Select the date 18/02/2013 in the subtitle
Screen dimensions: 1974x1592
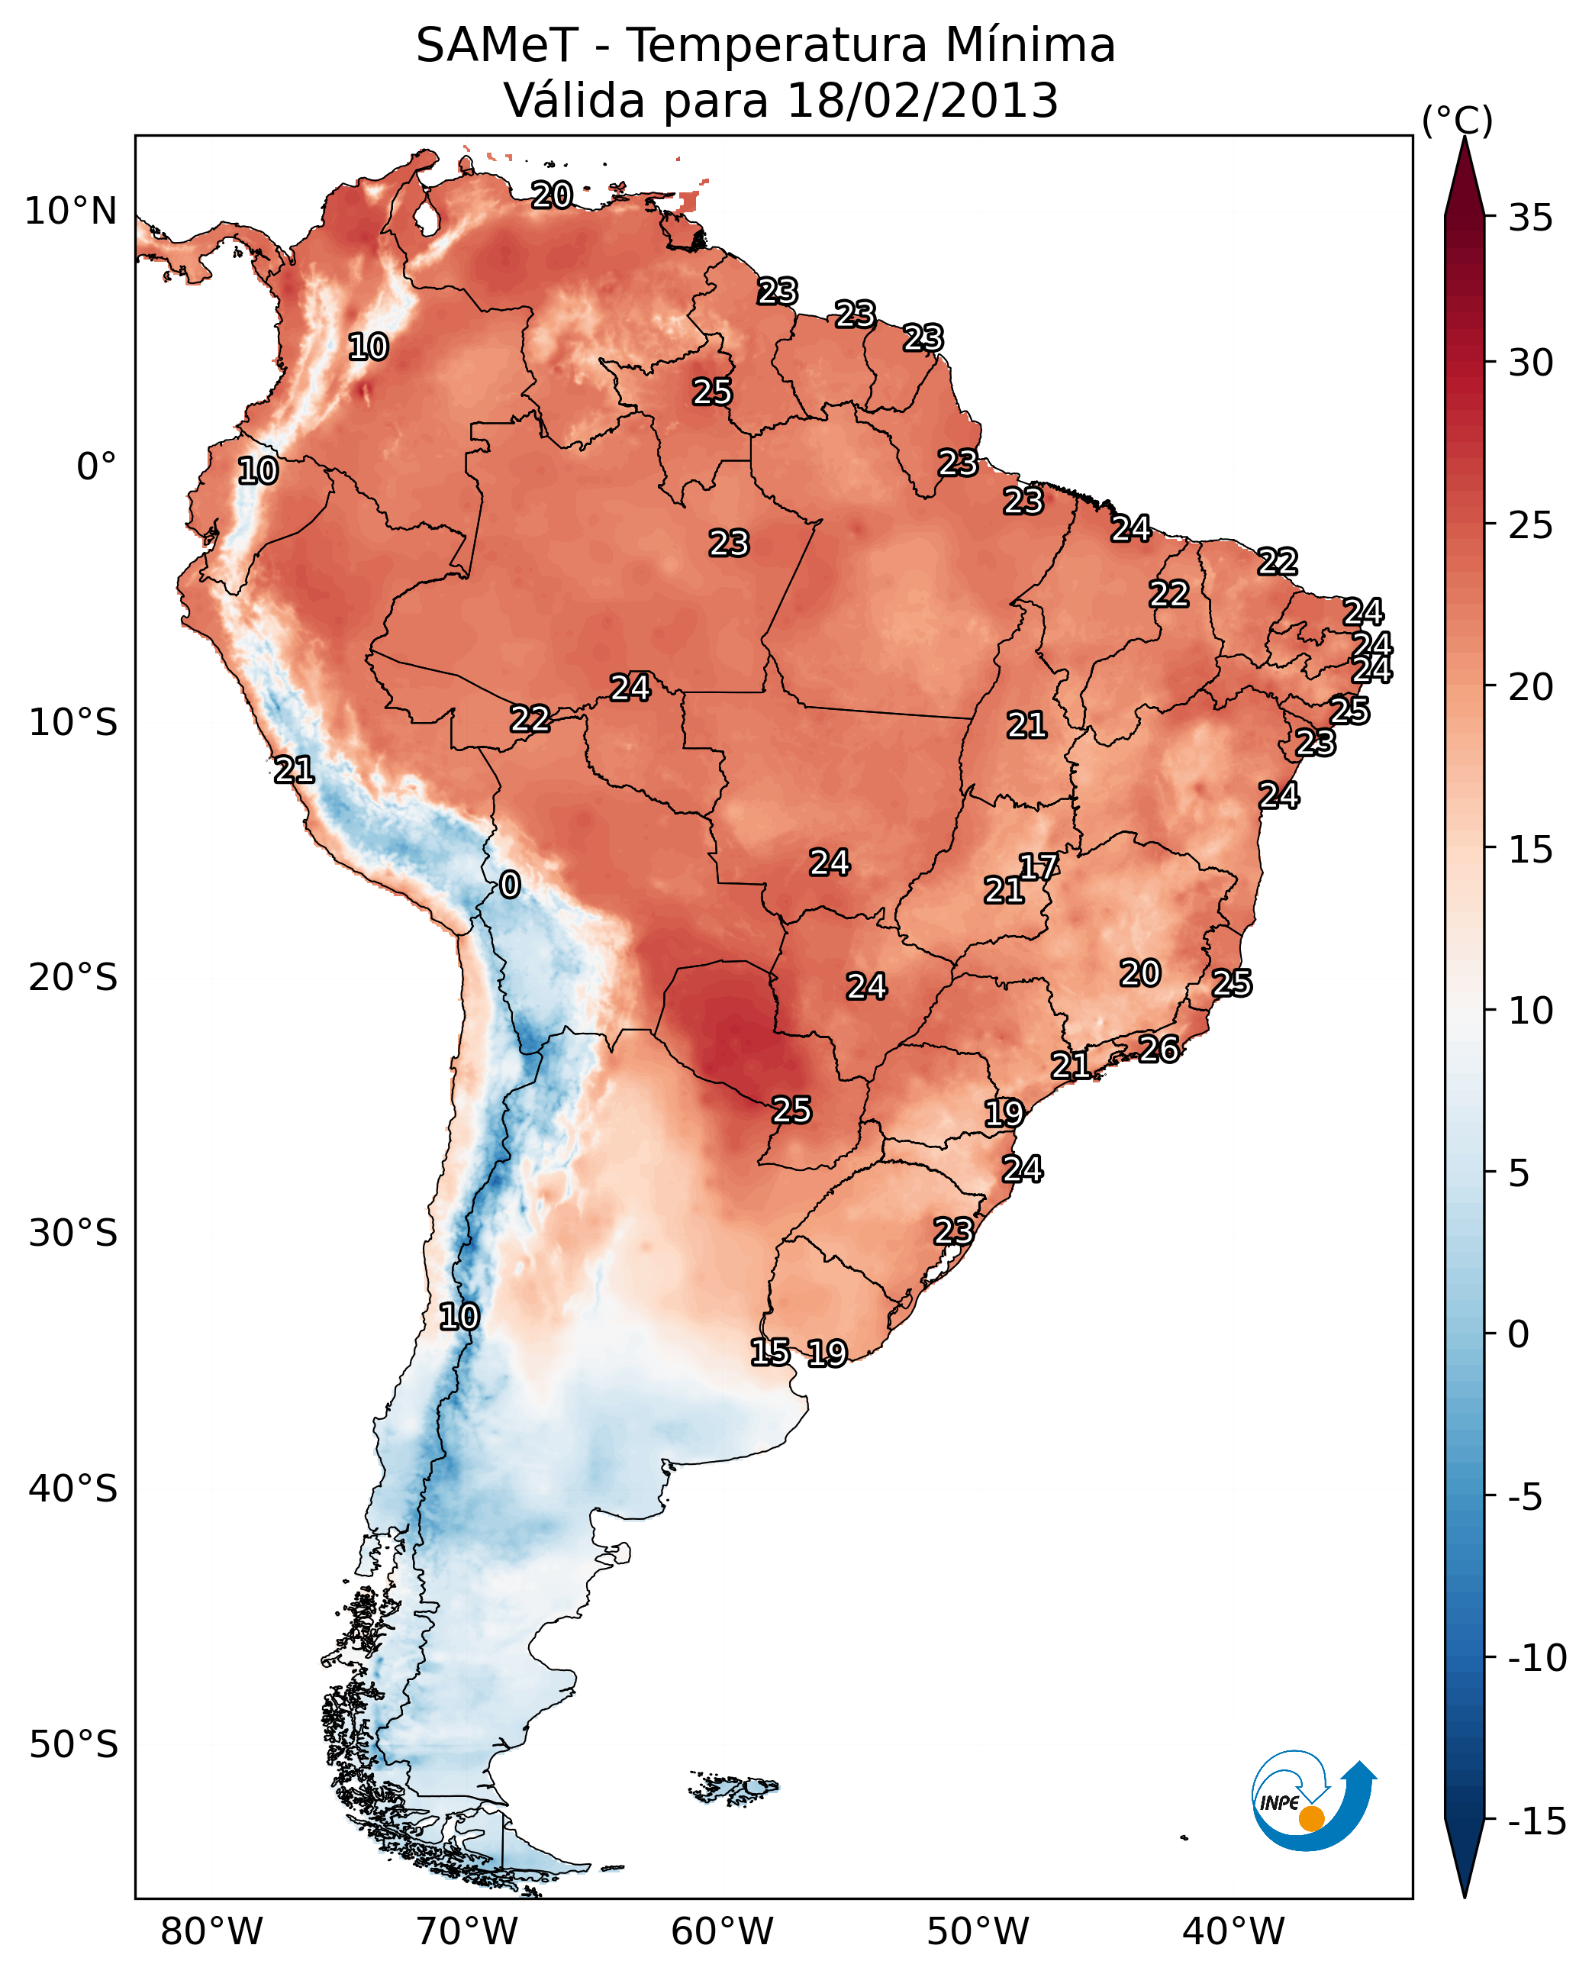922,101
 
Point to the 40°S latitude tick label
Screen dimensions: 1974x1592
73,1489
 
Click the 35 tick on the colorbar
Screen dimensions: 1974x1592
1530,218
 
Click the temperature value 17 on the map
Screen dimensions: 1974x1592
1039,866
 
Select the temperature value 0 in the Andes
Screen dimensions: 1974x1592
510,885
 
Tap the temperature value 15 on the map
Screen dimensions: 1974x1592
770,1352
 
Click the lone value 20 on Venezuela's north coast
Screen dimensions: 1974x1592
552,195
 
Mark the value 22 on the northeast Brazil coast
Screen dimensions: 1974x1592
1278,561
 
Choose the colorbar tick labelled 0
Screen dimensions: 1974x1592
1519,1334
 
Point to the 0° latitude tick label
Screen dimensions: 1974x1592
96,467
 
